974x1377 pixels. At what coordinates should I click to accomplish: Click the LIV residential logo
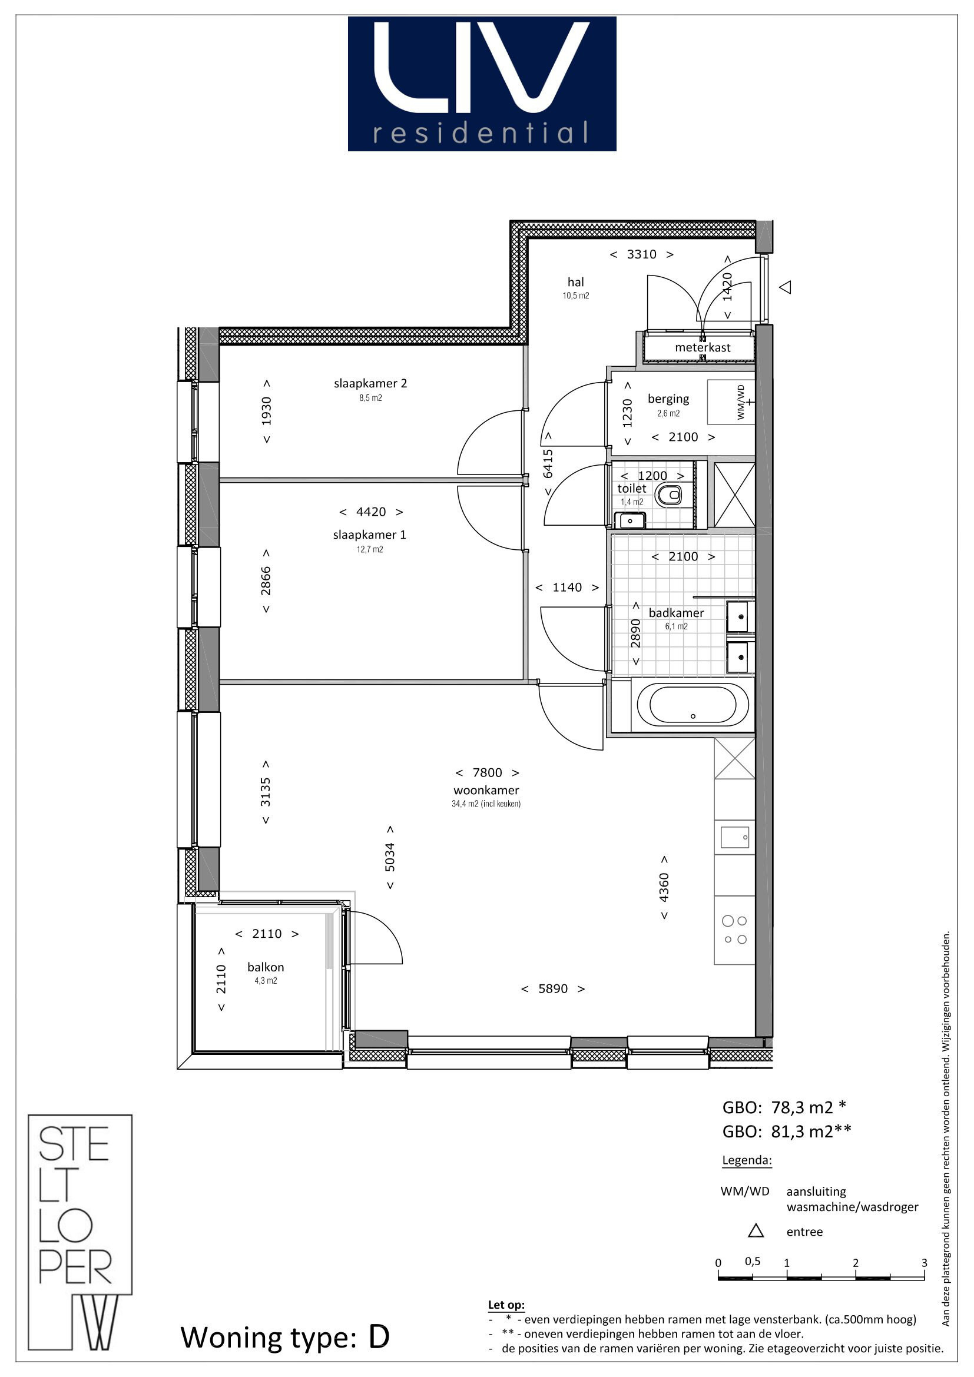482,84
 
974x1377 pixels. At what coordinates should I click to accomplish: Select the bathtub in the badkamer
693,705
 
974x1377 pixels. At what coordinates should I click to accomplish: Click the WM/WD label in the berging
741,402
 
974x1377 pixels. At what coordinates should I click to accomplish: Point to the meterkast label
703,347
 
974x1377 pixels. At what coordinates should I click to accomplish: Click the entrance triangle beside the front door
785,287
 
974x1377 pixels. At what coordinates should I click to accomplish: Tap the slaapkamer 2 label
370,383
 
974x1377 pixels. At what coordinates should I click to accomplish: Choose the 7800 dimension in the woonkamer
487,772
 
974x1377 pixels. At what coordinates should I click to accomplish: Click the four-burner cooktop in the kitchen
735,930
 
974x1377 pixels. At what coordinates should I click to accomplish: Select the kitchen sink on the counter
735,837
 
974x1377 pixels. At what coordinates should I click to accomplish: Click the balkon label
266,967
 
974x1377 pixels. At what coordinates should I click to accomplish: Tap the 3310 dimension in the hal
642,254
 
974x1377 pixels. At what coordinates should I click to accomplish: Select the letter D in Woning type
379,1337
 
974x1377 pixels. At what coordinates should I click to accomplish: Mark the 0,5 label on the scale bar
753,1261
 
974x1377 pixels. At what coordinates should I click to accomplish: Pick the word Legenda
747,1160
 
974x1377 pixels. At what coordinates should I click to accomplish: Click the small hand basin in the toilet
630,520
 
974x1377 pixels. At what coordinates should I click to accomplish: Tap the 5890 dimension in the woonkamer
553,988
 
